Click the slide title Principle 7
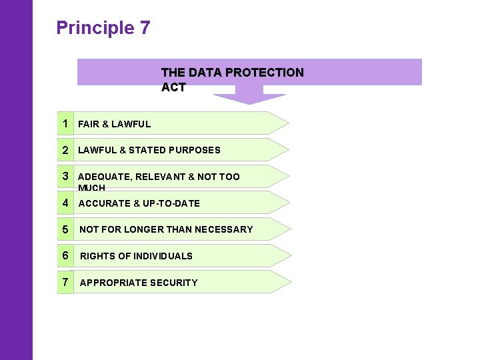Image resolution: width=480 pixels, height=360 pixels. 103,28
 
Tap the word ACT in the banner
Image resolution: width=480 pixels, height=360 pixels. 173,87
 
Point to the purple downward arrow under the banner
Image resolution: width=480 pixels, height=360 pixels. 249,98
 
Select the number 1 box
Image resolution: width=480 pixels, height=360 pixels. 65,123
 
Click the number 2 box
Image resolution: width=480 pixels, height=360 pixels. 65,150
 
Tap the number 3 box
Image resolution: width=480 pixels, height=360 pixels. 65,176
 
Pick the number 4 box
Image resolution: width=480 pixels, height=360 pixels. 65,203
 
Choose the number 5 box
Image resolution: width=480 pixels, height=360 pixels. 65,229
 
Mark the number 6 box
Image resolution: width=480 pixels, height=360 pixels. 65,255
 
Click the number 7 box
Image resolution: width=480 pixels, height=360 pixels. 65,282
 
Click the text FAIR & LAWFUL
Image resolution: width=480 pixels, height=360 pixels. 114,124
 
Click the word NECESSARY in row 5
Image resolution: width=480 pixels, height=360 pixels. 223,229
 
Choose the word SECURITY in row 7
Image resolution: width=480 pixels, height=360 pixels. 175,283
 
